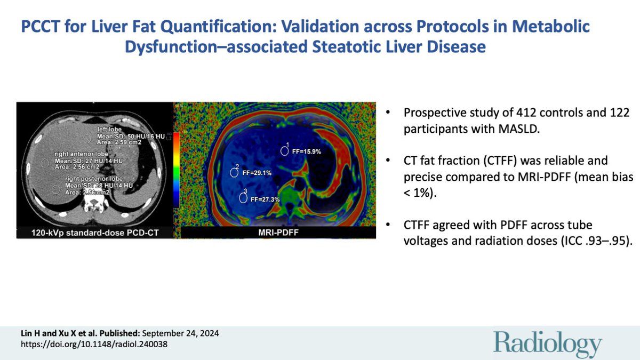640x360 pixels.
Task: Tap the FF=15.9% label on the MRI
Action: pyautogui.click(x=307, y=151)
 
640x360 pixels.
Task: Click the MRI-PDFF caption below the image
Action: pyautogui.click(x=275, y=232)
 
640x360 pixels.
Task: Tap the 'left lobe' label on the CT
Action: pyautogui.click(x=109, y=129)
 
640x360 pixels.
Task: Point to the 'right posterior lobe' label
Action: pyautogui.click(x=94, y=178)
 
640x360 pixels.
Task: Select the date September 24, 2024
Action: pyautogui.click(x=179, y=333)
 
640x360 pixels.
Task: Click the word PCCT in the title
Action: pyautogui.click(x=41, y=27)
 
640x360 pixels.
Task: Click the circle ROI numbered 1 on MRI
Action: pyautogui.click(x=284, y=151)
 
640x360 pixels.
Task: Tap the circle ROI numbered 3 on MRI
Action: pyautogui.click(x=243, y=198)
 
